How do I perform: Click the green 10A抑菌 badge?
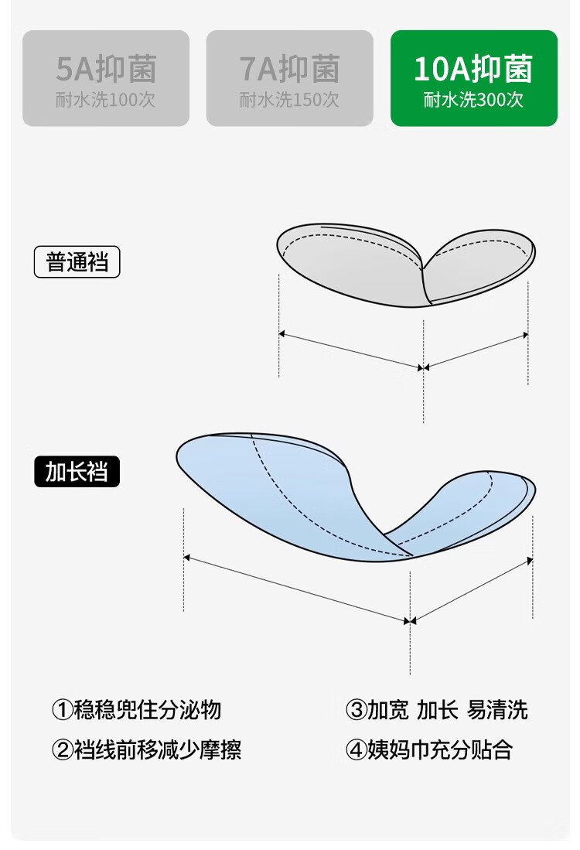[473, 78]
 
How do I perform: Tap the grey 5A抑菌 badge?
[106, 78]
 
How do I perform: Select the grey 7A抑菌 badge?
[289, 78]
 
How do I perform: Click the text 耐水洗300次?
[473, 100]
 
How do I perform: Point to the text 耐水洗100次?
[106, 100]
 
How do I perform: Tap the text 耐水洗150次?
[289, 100]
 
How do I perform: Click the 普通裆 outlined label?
[77, 262]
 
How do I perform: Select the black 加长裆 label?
[77, 472]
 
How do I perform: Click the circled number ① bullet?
[63, 710]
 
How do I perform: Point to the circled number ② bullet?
[63, 749]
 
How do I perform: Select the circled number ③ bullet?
[356, 710]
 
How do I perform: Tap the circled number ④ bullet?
[356, 749]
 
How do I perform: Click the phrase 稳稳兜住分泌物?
[147, 710]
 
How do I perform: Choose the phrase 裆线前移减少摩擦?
[157, 749]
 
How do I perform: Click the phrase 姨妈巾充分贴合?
[439, 749]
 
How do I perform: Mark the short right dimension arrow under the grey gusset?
[476, 351]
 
